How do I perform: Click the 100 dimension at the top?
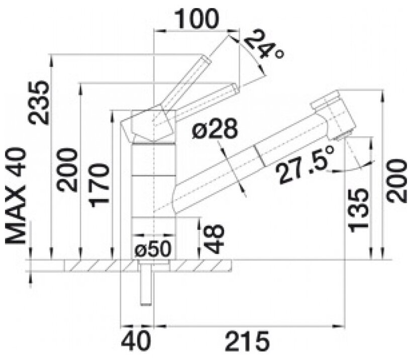(196, 18)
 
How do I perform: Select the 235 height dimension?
(39, 103)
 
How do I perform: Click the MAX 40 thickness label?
(15, 197)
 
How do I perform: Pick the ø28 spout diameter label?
(215, 129)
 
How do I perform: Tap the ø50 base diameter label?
(153, 249)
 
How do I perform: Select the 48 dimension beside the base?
(214, 239)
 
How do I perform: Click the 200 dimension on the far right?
(397, 181)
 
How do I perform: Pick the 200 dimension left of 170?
(67, 170)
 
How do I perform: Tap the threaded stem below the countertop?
(146, 284)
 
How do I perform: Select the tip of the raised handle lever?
(207, 59)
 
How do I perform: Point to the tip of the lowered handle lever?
(235, 88)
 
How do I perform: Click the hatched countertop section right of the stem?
(201, 265)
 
